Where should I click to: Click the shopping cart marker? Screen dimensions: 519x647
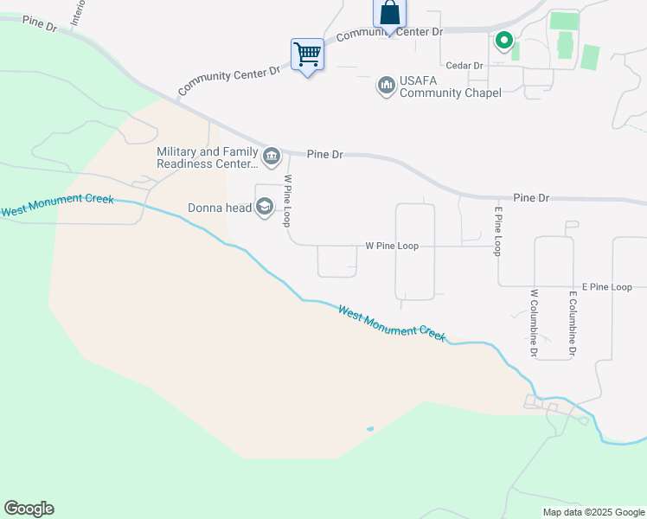pos(307,54)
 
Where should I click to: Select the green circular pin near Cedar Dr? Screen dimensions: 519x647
pos(503,40)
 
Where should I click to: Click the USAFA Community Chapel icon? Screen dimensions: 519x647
pos(387,86)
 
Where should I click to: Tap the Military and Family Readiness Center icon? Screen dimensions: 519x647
pos(272,156)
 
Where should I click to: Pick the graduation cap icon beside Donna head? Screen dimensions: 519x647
pos(265,207)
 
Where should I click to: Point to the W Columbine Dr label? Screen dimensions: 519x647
pos(535,323)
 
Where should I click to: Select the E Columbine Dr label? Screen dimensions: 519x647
pos(572,324)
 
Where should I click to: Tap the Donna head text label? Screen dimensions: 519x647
pos(220,208)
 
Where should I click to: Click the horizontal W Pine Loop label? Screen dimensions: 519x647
pos(392,246)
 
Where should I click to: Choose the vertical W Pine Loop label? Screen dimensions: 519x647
pos(288,202)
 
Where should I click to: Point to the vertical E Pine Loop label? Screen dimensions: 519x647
pos(498,231)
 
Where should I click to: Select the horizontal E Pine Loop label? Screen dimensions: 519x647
pos(607,286)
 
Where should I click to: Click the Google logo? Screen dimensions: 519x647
pos(29,509)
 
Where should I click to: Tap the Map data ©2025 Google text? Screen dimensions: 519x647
pos(593,512)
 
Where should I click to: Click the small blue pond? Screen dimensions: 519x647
pos(370,428)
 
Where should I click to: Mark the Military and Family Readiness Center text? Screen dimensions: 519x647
pos(208,157)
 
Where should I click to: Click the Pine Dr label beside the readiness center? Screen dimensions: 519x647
pos(325,154)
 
